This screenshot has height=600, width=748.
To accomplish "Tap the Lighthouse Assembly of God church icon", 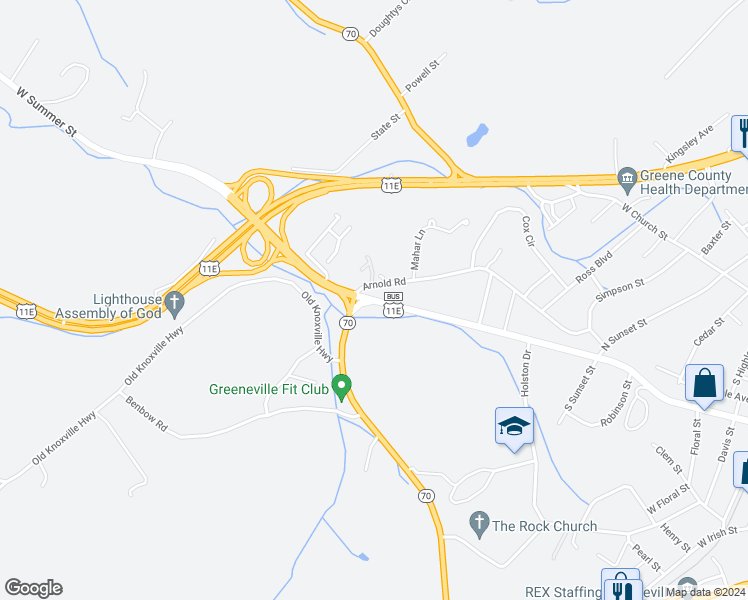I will point(174,300).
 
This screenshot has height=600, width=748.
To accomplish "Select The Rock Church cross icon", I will point(479,523).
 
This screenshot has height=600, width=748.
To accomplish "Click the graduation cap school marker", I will point(514,426).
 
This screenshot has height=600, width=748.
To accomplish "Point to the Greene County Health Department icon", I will point(627,177).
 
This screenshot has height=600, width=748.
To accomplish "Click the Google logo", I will point(33,588).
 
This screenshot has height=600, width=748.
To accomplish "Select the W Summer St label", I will point(47,112).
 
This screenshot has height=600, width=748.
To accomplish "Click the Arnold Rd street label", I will point(384,285).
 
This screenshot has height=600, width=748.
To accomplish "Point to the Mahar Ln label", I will point(419,251).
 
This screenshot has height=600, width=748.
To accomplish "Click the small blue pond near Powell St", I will point(477,133).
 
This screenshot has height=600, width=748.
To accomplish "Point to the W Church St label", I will point(644,221).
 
